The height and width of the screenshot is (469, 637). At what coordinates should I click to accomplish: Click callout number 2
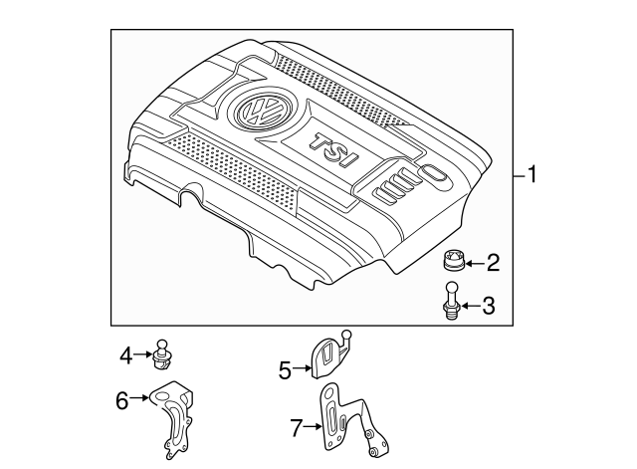[492, 264]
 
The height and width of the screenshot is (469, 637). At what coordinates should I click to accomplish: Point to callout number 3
[488, 306]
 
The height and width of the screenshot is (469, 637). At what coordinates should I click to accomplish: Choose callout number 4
[126, 353]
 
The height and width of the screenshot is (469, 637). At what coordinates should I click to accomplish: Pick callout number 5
[284, 371]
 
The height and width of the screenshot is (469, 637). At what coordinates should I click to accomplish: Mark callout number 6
[122, 401]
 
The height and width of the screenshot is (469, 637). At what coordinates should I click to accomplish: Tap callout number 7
[296, 429]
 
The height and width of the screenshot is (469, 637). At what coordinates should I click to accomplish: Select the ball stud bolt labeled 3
[452, 302]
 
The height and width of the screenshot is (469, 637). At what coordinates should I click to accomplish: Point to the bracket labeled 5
[331, 360]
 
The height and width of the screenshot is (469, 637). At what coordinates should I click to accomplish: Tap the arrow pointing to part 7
[313, 429]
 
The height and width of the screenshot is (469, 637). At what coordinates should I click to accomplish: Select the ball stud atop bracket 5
[346, 334]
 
